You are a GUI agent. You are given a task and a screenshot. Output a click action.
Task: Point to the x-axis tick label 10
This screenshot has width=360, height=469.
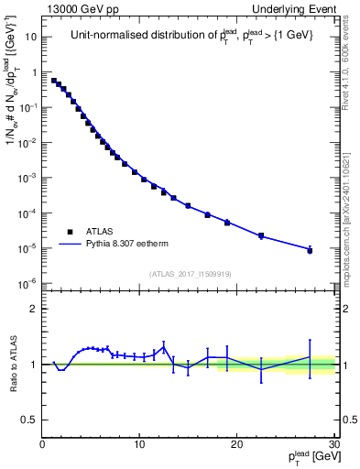(139, 445)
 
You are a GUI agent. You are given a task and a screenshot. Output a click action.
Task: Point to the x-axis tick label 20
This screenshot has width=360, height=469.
(237, 445)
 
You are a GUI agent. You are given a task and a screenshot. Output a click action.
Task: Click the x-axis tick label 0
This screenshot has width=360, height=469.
(42, 445)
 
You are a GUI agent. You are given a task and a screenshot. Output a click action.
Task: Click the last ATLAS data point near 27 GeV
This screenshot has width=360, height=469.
(310, 250)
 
